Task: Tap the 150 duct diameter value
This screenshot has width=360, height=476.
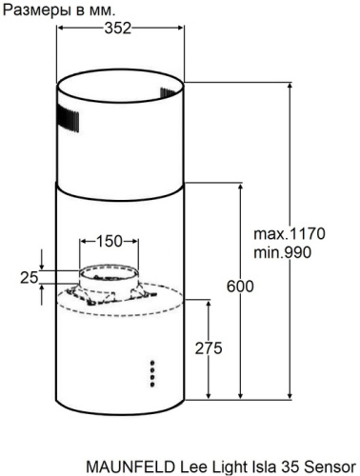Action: (x=110, y=242)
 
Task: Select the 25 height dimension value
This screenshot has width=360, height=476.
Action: (x=28, y=277)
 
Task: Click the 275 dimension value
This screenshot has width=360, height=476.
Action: (x=208, y=348)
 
